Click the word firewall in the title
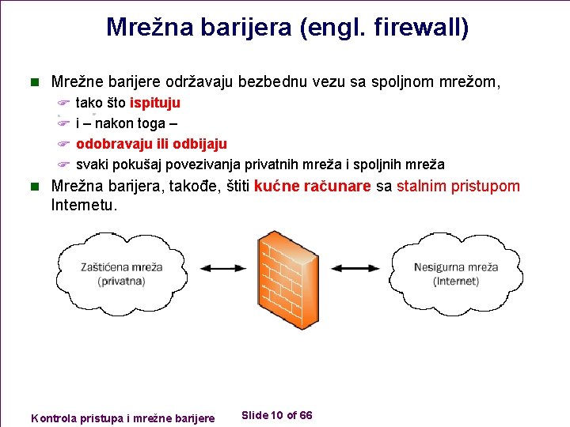(x=420, y=28)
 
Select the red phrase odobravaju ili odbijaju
(x=151, y=144)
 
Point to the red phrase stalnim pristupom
(x=458, y=187)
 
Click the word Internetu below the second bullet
(x=84, y=206)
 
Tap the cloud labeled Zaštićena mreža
(x=121, y=265)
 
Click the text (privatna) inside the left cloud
(x=121, y=282)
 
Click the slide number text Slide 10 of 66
(x=276, y=415)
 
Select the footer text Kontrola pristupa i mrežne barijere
(x=122, y=418)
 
